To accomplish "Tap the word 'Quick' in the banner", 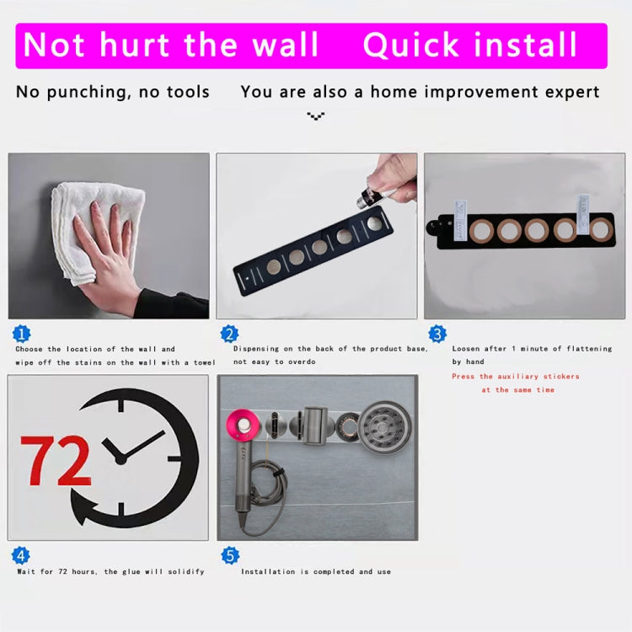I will click(x=412, y=46).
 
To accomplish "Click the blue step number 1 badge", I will click(x=22, y=334).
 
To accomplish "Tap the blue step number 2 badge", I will click(x=229, y=334).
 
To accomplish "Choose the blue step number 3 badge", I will click(x=437, y=334).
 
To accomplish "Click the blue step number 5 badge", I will click(x=229, y=555).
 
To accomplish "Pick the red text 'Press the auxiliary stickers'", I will click(x=516, y=377).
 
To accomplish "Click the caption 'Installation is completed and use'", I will click(x=316, y=571).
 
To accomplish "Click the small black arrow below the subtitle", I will click(x=316, y=116).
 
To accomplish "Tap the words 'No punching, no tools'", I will click(x=113, y=92).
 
